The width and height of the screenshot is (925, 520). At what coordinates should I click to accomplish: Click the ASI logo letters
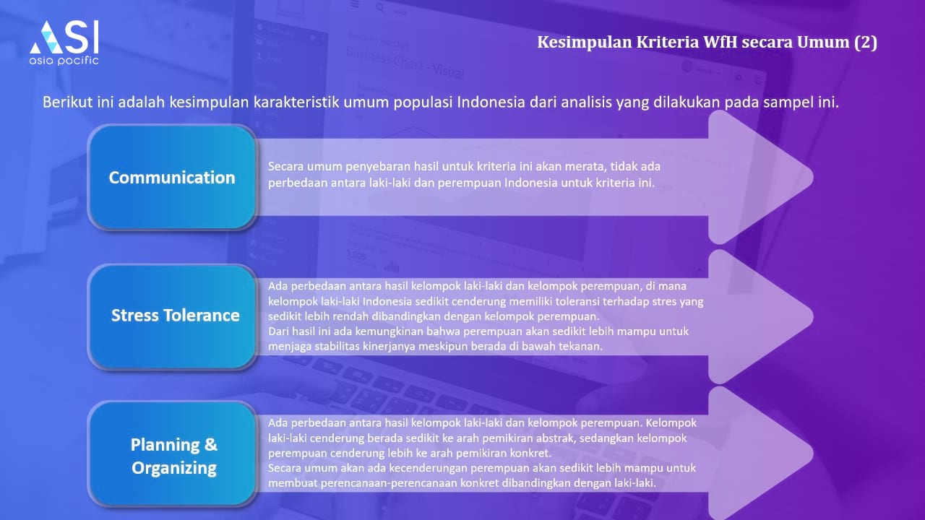tap(64, 37)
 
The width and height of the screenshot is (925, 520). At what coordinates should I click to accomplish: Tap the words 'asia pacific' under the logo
tap(64, 61)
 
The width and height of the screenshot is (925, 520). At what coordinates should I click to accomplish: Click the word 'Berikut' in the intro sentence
tap(68, 102)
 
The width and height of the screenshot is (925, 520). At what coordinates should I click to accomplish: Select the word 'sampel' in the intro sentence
tap(788, 103)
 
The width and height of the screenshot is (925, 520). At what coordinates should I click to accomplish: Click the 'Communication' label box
tap(172, 177)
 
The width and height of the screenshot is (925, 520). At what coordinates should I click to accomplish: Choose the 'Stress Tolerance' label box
tap(172, 316)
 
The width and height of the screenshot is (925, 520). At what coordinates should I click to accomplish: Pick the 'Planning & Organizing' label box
tap(172, 454)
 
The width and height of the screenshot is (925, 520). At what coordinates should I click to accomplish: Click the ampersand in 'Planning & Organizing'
tap(210, 444)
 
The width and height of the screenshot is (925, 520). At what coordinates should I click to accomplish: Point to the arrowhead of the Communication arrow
tap(760, 177)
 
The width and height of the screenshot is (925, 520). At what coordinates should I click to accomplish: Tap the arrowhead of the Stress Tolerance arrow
tap(760, 316)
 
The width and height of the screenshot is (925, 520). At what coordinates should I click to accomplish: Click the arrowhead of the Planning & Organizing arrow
tap(760, 454)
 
